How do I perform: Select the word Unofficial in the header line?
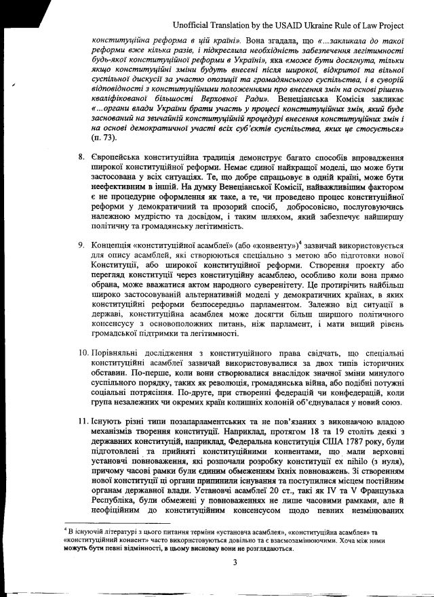tap(194, 24)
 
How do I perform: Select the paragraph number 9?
tap(81, 245)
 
